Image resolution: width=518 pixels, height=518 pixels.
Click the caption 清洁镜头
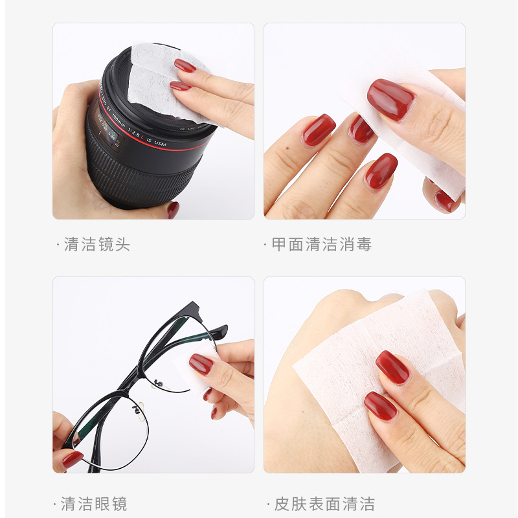click(97, 245)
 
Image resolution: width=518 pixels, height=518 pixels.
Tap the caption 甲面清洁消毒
click(322, 245)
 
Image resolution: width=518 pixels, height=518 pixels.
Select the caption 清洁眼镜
click(94, 504)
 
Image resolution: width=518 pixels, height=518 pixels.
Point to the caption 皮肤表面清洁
click(325, 504)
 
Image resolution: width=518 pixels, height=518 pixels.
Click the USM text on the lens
click(160, 143)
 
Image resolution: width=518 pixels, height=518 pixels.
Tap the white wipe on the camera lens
click(165, 83)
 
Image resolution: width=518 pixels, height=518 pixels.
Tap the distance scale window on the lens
click(108, 130)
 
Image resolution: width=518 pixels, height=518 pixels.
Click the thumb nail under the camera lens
click(173, 210)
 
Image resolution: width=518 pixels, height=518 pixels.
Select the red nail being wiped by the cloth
click(391, 100)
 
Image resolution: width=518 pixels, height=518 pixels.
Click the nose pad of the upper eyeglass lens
click(158, 383)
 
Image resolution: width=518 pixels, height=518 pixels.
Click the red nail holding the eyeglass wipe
click(201, 364)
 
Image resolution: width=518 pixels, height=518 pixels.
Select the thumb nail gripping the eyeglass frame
click(73, 459)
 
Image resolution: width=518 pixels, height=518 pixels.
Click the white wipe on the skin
click(380, 380)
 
